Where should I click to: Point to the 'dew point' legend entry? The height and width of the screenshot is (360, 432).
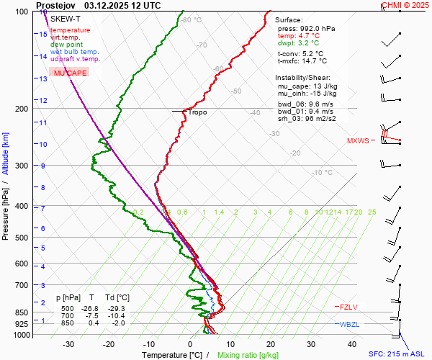pos(67,45)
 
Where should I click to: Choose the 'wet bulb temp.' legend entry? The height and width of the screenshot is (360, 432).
pos(74,52)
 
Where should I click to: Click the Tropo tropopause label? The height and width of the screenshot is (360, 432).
pos(198,112)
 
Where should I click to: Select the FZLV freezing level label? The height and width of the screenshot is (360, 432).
pos(348,307)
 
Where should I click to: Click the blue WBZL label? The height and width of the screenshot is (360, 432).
pos(348,325)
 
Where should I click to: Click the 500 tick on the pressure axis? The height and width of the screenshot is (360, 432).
pos(22,238)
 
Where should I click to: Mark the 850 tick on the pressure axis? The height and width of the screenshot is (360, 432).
pos(22,312)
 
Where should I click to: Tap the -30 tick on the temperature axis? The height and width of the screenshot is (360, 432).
pos(68,344)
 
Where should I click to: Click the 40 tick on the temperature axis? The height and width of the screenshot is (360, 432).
pos(311,344)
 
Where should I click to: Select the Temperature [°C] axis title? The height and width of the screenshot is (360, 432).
pos(173,355)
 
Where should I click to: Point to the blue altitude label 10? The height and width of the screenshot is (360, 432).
pos(43,144)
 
